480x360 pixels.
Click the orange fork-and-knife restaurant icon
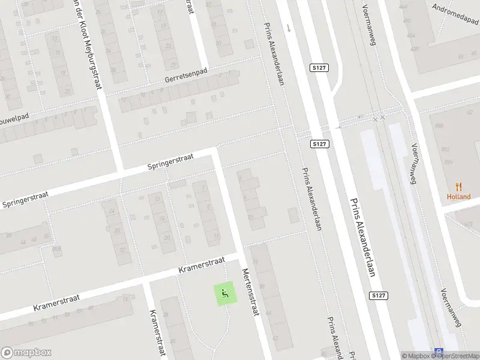pos(459,186)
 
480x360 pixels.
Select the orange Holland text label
pos(458,197)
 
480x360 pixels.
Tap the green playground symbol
pos(224,293)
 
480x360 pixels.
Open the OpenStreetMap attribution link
pos(457,356)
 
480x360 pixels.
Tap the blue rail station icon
pos(440,353)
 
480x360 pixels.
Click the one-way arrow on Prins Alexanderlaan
pos(289,28)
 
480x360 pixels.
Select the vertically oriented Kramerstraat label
pos(156,333)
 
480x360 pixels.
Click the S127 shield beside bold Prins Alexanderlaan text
pos(377,296)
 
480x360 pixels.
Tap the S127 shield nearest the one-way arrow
pos(319,68)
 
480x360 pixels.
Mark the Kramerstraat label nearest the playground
pos(201,265)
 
